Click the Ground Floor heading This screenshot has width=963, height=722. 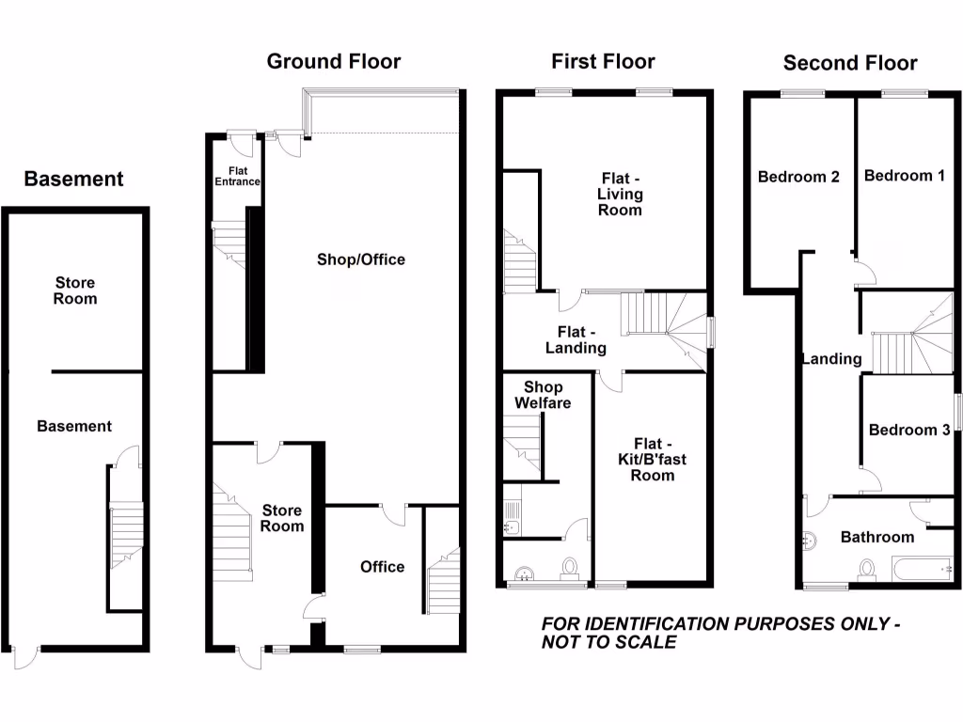(333, 62)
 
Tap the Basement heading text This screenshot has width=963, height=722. (73, 179)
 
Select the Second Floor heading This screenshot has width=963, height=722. (849, 63)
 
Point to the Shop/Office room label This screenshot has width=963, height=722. (360, 259)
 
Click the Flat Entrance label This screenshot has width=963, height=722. (236, 176)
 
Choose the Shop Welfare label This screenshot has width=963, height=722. (543, 395)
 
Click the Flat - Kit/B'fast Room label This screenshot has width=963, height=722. (652, 460)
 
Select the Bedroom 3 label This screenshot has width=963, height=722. (908, 430)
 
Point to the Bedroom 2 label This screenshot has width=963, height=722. (797, 176)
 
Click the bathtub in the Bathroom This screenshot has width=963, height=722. (921, 569)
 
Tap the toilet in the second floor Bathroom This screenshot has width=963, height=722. (867, 570)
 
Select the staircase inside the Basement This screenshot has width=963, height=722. (125, 536)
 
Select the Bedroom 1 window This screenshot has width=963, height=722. (905, 93)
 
